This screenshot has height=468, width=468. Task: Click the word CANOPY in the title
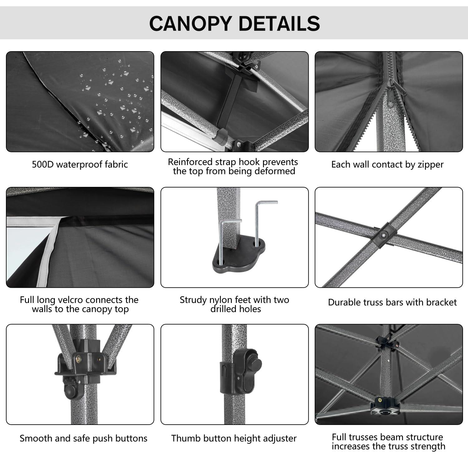pos(190,23)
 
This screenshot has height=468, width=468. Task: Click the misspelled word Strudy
pos(193,300)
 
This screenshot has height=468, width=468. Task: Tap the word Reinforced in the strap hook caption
pos(190,162)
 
